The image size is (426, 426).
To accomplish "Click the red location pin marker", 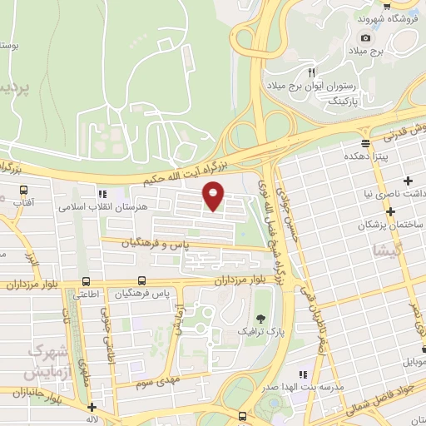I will click(x=214, y=196).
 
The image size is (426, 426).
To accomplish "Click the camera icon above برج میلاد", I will click(x=365, y=38).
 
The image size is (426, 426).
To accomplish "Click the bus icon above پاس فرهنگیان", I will click(x=142, y=281).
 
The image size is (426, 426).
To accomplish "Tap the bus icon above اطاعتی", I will click(x=87, y=281).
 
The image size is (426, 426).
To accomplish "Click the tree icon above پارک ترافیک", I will click(x=260, y=319).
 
